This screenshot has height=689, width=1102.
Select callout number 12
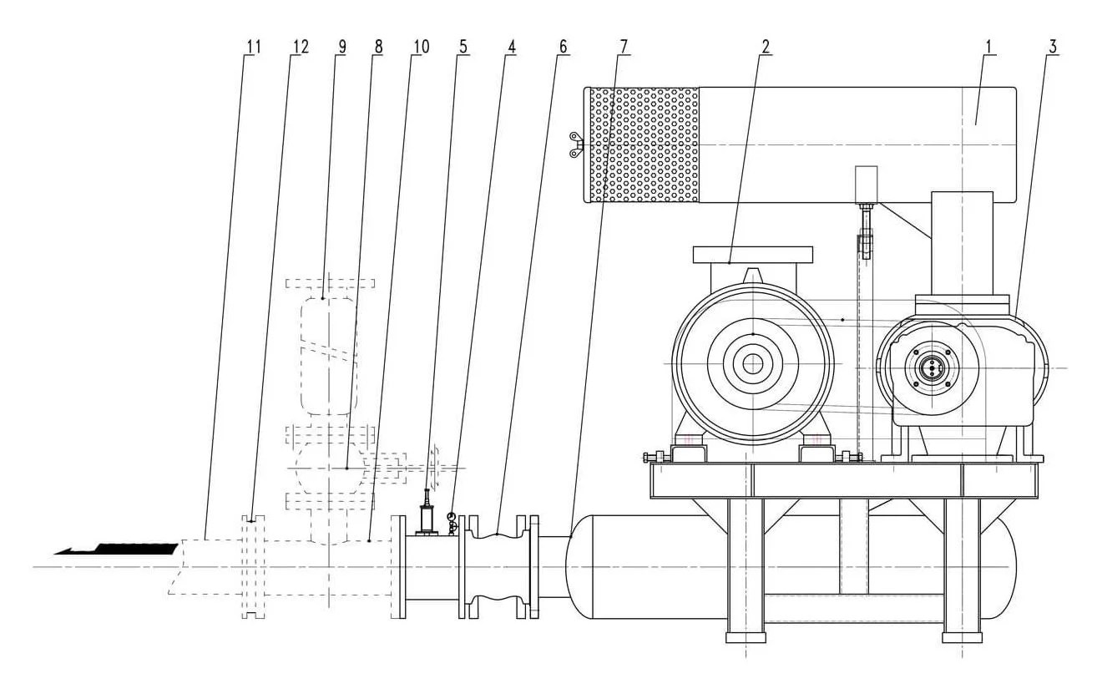point(300,47)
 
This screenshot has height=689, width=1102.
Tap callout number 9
point(341,47)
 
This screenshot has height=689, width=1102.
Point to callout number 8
point(378,47)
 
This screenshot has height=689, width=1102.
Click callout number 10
point(419,47)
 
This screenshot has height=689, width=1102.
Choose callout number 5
point(463,47)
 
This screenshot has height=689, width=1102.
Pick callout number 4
point(511,47)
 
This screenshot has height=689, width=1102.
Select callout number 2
point(764,47)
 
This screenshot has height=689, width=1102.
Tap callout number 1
point(988,47)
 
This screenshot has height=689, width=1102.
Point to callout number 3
point(1053,47)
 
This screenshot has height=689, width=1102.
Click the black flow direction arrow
point(117,549)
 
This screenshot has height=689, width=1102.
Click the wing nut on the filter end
point(575,144)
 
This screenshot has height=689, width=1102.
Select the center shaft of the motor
point(752,363)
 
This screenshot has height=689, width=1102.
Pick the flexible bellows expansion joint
point(497,566)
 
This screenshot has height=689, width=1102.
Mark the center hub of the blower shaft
point(929,367)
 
